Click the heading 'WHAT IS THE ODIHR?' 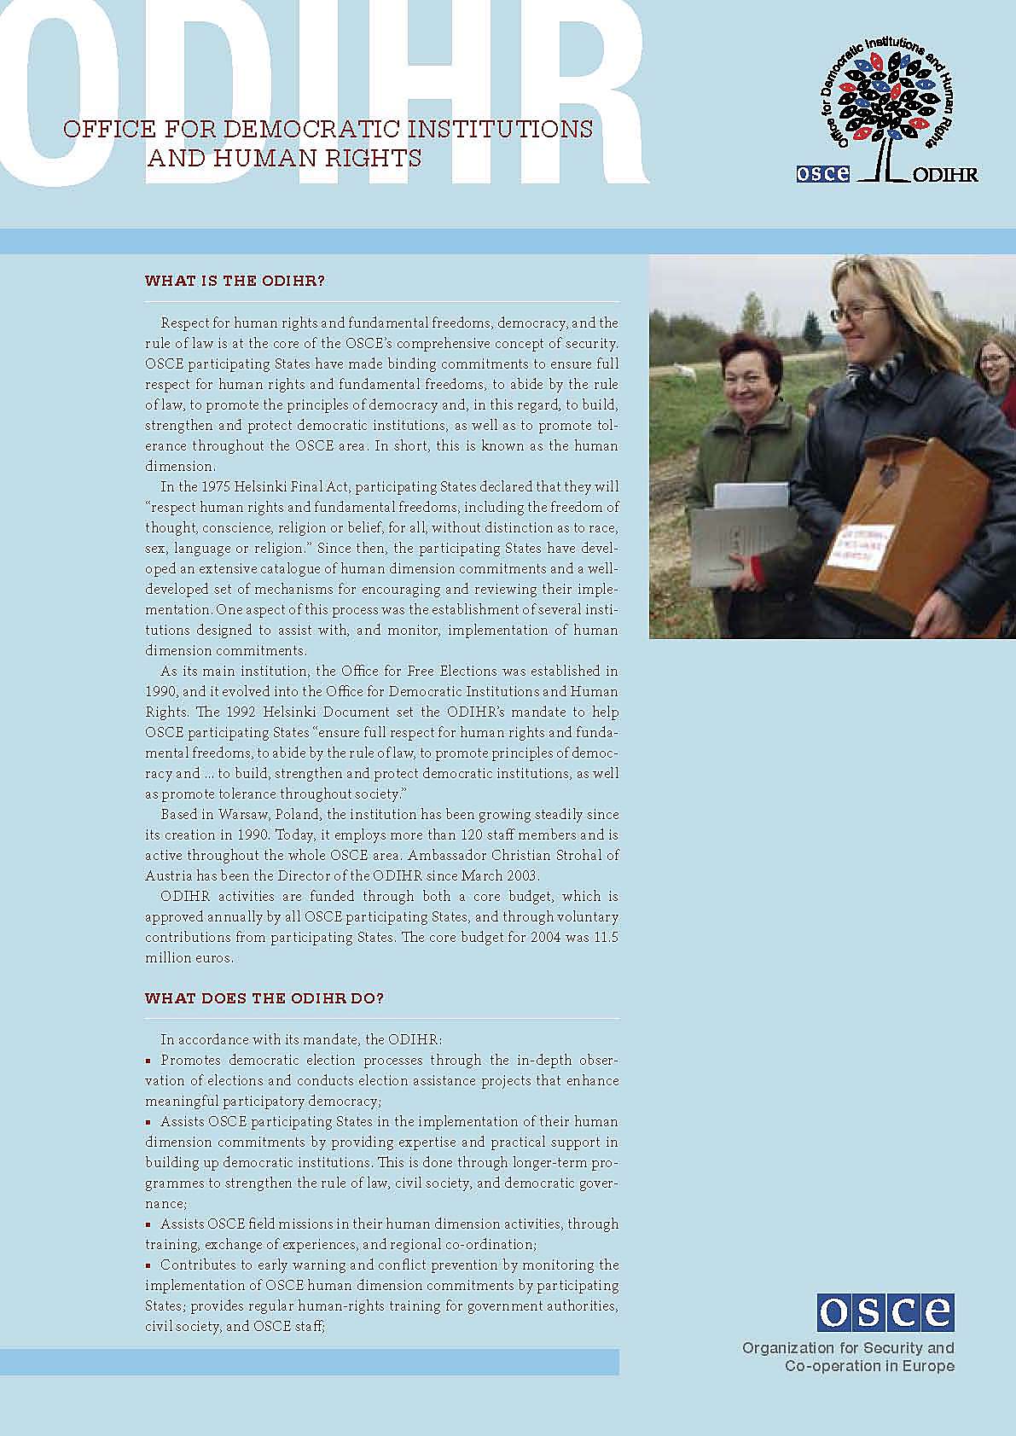tap(235, 281)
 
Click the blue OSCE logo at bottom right tap(885, 1312)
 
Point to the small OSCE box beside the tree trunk tap(822, 173)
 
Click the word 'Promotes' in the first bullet tap(190, 1060)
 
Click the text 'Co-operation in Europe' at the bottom tap(869, 1366)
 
